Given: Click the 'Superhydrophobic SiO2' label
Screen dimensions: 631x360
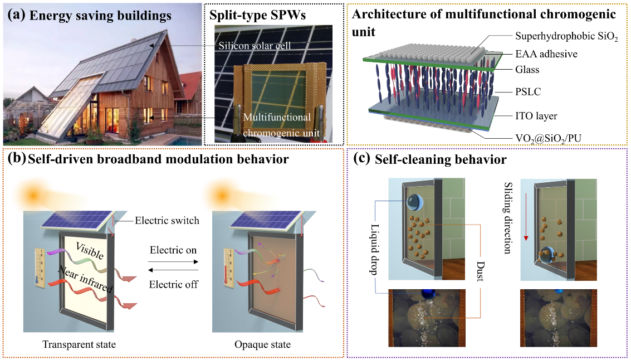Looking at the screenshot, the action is tap(566, 37).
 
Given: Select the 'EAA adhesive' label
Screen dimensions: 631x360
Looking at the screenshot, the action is tap(546, 54).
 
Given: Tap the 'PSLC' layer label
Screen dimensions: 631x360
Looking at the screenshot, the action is tap(528, 92).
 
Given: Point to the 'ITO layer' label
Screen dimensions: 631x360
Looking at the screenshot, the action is tap(536, 116).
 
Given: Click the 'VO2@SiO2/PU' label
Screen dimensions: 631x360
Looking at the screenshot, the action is tap(549, 139).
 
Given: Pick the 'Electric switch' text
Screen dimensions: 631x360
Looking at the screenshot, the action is tap(167, 220).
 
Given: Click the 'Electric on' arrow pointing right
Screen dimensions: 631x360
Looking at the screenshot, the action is tap(173, 262).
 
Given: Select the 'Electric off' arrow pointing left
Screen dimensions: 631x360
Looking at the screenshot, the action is tap(173, 271).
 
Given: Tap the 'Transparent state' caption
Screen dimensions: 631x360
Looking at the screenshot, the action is tap(79, 345).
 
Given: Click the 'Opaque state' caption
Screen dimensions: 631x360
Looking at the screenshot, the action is tap(262, 345).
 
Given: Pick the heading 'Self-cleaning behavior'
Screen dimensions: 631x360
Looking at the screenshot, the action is tap(441, 159).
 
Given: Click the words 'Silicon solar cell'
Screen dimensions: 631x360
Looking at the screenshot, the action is tap(255, 46).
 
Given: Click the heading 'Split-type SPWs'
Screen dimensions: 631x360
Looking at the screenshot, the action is tap(258, 16).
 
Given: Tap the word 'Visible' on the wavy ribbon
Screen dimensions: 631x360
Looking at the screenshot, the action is tap(90, 251).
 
